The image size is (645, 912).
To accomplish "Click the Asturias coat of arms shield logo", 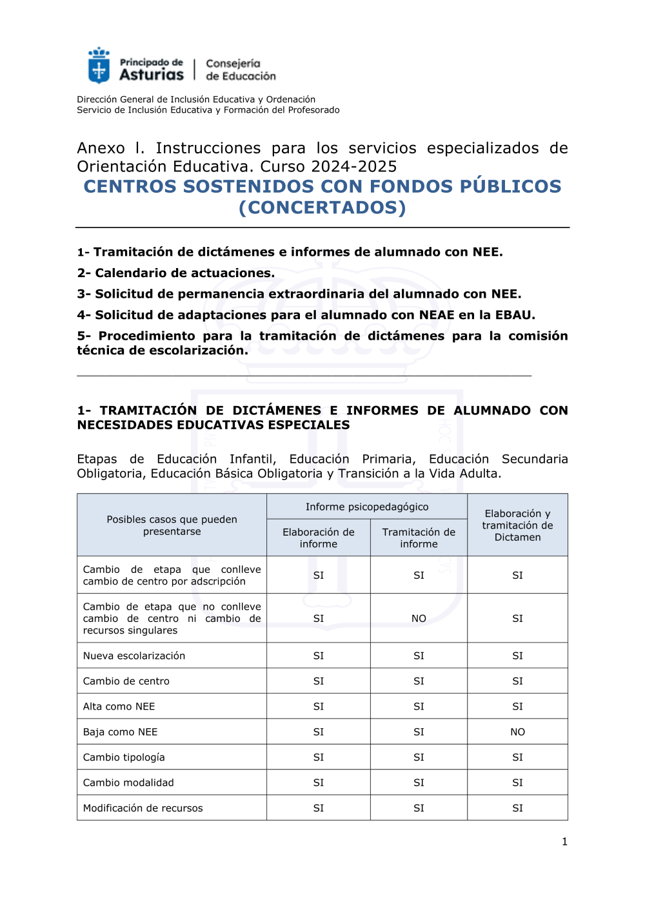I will [99, 66].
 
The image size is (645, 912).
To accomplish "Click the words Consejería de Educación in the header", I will [241, 70].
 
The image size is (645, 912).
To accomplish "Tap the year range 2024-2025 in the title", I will [354, 166].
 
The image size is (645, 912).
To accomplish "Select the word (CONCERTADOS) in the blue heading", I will [322, 208].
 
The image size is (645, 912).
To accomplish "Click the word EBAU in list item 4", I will [513, 315].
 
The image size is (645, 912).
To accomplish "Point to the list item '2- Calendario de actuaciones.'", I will [176, 273].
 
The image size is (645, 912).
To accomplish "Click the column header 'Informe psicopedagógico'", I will [367, 507].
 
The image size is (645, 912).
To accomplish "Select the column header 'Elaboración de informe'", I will [319, 538].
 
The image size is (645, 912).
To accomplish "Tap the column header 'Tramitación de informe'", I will [419, 538].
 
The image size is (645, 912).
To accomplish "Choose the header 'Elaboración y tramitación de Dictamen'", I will [517, 525].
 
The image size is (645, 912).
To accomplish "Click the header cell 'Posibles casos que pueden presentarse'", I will [172, 525].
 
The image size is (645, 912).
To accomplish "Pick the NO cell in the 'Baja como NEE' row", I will [517, 732].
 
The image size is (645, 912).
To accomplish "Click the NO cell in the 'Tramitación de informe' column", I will [419, 619].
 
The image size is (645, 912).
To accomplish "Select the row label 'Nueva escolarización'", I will [134, 656].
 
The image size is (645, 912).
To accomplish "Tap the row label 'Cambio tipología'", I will [124, 757].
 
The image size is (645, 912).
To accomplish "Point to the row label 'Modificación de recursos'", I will [143, 808].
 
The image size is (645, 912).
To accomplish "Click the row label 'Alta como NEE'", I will [119, 707].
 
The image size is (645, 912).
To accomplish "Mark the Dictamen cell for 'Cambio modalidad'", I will [517, 783].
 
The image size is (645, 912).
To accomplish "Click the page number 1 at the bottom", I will [564, 842].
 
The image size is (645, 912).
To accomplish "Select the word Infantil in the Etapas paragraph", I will [252, 460].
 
